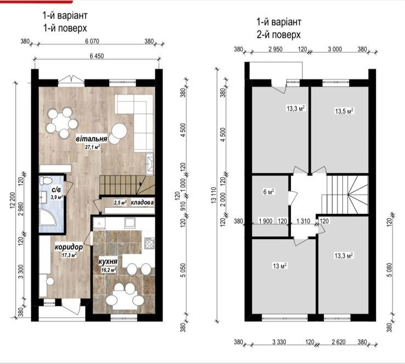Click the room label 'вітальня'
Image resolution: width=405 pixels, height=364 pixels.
pyautogui.click(x=91, y=139)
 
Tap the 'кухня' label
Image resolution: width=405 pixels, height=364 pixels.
pyautogui.click(x=108, y=261)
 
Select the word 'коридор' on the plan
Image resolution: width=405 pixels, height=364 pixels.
pyautogui.click(x=69, y=247)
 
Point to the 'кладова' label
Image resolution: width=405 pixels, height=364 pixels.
pyautogui.click(x=142, y=202)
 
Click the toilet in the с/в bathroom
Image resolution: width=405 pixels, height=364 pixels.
pyautogui.click(x=47, y=180)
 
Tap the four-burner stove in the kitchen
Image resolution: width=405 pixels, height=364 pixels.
pyautogui.click(x=150, y=243)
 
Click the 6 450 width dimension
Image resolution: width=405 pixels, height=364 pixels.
pyautogui.click(x=97, y=56)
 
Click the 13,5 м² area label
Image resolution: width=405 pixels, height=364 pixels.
pyautogui.click(x=344, y=111)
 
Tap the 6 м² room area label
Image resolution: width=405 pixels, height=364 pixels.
pyautogui.click(x=268, y=192)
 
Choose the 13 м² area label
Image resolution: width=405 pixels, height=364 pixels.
pyautogui.click(x=280, y=266)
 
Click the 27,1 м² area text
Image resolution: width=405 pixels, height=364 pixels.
pyautogui.click(x=92, y=147)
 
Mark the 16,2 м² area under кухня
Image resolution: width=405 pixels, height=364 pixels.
pyautogui.click(x=109, y=270)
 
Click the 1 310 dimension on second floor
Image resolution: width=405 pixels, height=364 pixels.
pyautogui.click(x=303, y=221)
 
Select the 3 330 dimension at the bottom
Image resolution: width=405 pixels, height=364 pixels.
pyautogui.click(x=279, y=342)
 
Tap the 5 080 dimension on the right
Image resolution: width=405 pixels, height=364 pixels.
pyautogui.click(x=390, y=270)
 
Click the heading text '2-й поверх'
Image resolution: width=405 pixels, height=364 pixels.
pyautogui.click(x=279, y=35)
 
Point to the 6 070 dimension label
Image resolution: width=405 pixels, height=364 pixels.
pyautogui.click(x=92, y=41)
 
